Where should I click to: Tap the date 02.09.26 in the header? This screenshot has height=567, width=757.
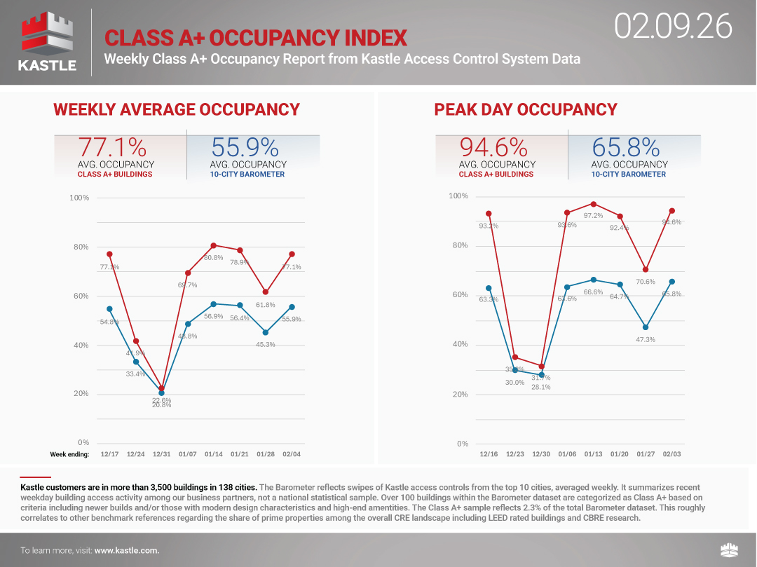tap(673, 27)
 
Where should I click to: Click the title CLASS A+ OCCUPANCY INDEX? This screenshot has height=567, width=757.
tap(255, 37)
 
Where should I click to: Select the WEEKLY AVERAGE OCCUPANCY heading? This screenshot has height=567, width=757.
tap(177, 109)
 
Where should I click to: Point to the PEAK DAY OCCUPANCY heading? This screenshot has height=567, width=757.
tap(526, 109)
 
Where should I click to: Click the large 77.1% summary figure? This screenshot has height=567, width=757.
tap(112, 147)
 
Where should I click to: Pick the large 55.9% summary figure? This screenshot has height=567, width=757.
tap(245, 147)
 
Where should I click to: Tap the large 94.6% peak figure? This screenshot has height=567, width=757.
tap(493, 147)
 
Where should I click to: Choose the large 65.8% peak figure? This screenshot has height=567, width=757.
tap(625, 147)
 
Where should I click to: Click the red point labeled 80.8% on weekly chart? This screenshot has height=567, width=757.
tap(214, 245)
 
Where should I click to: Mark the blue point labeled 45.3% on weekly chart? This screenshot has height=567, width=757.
tap(266, 332)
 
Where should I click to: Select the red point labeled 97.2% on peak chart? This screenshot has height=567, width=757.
tap(593, 204)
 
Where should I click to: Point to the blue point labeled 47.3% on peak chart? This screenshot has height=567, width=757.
tap(646, 327)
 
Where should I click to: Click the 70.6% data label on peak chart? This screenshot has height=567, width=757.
tap(646, 282)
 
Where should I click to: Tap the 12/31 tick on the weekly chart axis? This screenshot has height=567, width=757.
tap(161, 454)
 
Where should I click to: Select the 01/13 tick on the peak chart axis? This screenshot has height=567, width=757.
tap(593, 454)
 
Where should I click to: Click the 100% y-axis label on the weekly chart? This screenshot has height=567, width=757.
tap(79, 198)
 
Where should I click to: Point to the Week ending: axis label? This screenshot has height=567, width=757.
tap(69, 454)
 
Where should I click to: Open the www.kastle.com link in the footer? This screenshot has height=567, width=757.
tap(127, 550)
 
